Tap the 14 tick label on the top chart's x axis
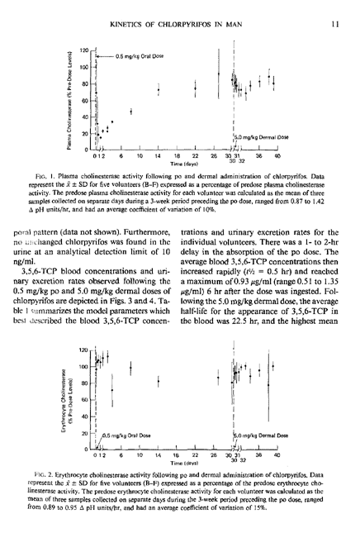click(x=158, y=156)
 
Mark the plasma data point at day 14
click(x=158, y=89)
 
